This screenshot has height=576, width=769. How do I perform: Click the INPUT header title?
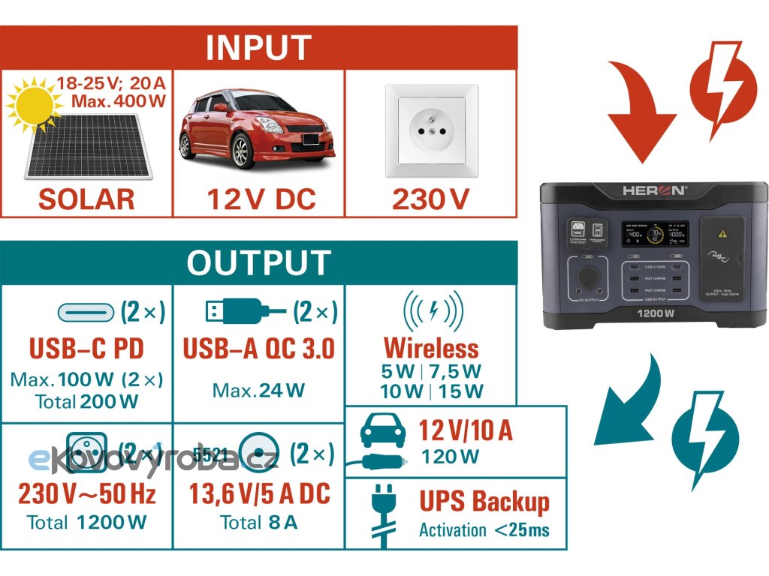click(258, 47)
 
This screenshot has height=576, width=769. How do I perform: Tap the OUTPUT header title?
click(258, 262)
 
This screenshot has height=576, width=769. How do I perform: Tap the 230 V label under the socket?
click(430, 199)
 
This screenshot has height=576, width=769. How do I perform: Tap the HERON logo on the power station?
click(654, 191)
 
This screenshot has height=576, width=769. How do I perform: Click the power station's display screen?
click(656, 237)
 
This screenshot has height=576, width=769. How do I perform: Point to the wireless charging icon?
click(433, 308)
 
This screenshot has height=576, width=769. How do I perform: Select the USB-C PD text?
click(86, 349)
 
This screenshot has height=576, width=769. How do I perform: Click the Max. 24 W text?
click(258, 390)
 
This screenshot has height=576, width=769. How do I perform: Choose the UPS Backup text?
click(484, 502)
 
